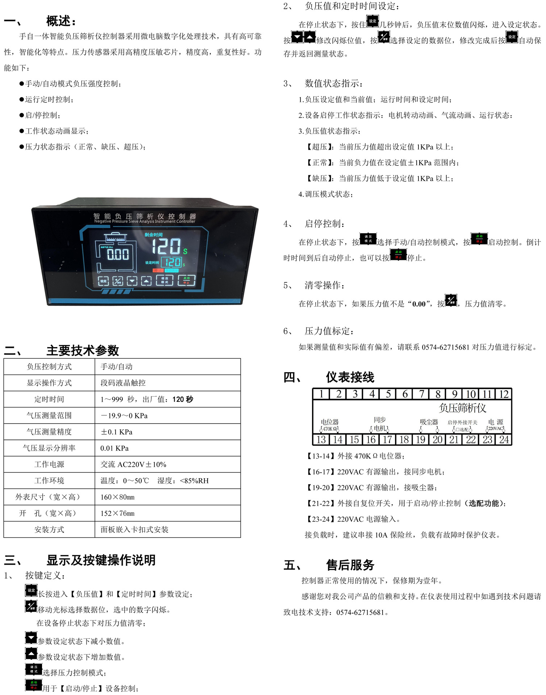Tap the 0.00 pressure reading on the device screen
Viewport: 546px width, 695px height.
118,254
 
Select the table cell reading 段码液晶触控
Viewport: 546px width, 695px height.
123,383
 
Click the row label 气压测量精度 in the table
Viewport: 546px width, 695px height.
49,432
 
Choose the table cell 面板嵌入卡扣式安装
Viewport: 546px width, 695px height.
134,530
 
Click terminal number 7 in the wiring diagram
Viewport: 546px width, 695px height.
421,394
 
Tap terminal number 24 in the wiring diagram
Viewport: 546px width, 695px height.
504,439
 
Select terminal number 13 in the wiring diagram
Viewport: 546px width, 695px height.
321,439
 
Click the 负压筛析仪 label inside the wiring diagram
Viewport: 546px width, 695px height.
462,408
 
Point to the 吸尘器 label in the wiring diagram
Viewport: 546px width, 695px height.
429,422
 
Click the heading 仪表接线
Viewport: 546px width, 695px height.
350,377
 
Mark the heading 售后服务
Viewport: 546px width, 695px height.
350,565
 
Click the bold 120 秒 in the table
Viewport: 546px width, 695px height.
183,399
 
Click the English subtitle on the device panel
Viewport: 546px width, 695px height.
145,222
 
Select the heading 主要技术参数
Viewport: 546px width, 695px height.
83,350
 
